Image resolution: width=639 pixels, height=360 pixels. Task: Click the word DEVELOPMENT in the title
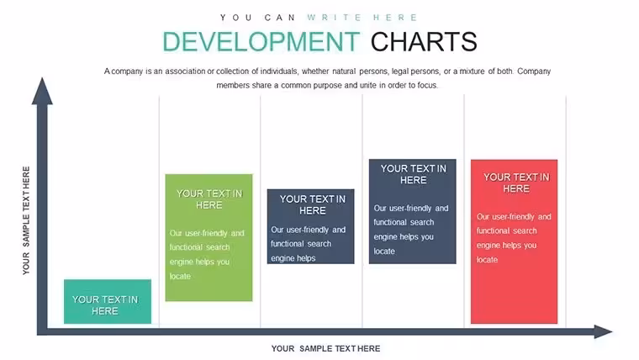click(261, 42)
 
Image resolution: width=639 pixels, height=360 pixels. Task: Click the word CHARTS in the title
click(424, 42)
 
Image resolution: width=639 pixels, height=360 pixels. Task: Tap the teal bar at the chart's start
click(108, 302)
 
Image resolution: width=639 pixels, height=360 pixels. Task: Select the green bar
click(209, 238)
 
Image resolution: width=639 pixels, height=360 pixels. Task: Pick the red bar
click(514, 241)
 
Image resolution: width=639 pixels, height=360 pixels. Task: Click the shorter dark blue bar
click(310, 226)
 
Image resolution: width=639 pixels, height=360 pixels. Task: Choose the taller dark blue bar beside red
click(413, 211)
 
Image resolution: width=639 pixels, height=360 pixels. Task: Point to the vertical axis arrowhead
click(42, 91)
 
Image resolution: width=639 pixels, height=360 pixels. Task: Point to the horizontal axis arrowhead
click(603, 331)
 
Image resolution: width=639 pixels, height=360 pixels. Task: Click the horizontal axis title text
click(325, 348)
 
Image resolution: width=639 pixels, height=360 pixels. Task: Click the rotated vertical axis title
click(26, 220)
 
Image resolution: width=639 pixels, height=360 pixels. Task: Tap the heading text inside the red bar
click(516, 183)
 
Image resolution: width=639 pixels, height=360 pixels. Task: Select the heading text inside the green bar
click(209, 199)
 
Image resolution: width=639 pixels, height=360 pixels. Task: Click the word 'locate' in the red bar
click(487, 260)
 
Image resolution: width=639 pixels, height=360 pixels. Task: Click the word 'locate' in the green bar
click(180, 277)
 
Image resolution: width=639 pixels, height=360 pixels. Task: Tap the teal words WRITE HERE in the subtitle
click(362, 18)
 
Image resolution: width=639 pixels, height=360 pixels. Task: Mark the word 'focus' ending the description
click(427, 85)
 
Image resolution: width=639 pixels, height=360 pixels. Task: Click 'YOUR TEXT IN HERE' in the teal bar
click(105, 305)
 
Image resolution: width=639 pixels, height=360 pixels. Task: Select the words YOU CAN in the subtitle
click(257, 18)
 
